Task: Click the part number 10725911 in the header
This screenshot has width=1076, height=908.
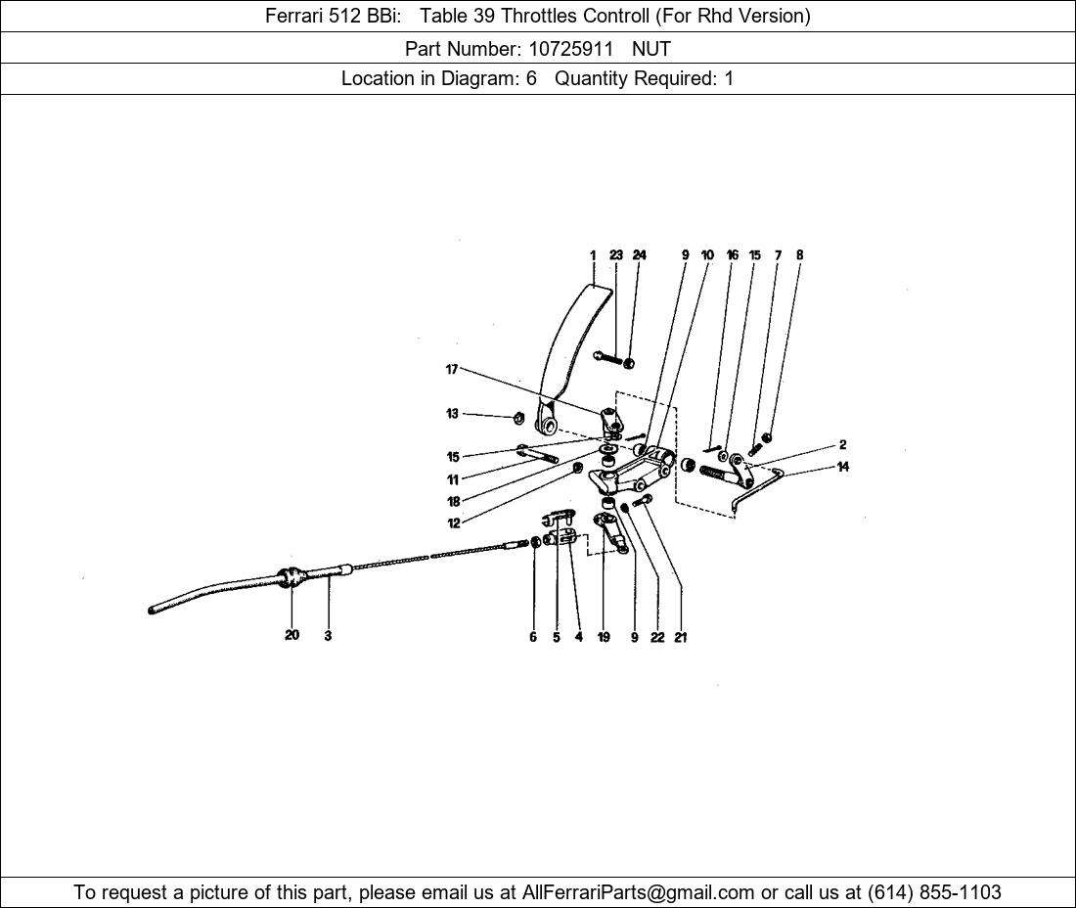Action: pyautogui.click(x=570, y=49)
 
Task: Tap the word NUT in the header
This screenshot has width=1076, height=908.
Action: pyautogui.click(x=651, y=49)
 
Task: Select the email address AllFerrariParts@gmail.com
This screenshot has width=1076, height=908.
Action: pyautogui.click(x=638, y=892)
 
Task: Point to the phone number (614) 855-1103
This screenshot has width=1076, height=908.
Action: pyautogui.click(x=934, y=892)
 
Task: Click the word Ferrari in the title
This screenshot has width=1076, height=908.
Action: pyautogui.click(x=293, y=16)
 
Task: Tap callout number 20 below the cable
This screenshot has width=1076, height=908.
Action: pyautogui.click(x=292, y=635)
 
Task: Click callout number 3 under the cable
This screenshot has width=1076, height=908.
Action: pyautogui.click(x=328, y=636)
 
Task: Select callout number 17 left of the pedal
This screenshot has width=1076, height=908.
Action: pyautogui.click(x=452, y=370)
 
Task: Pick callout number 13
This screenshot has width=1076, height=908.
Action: pyautogui.click(x=452, y=414)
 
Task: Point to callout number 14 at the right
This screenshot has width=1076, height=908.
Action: pyautogui.click(x=843, y=467)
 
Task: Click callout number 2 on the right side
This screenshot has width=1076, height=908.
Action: pyautogui.click(x=843, y=445)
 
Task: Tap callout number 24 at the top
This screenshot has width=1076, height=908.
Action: pyautogui.click(x=639, y=254)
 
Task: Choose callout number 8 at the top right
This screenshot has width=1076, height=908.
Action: pyautogui.click(x=799, y=254)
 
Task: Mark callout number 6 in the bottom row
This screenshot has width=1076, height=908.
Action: pyautogui.click(x=532, y=637)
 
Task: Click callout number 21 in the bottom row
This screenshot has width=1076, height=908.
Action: pyautogui.click(x=680, y=638)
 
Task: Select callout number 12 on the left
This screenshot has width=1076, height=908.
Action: pyautogui.click(x=454, y=523)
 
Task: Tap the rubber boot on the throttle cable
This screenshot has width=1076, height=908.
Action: pyautogui.click(x=291, y=577)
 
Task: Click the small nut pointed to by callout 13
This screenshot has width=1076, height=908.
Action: pyautogui.click(x=518, y=417)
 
